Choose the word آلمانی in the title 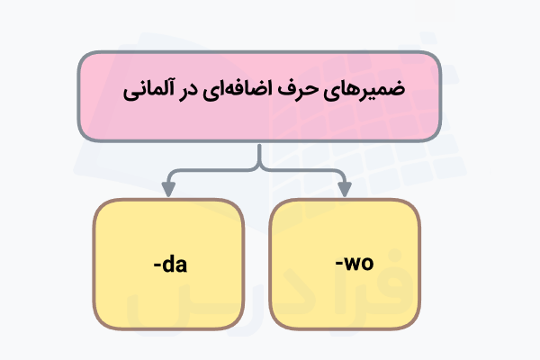click(x=154, y=92)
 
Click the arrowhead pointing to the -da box click(x=167, y=190)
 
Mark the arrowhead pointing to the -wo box click(x=343, y=190)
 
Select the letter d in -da click(x=170, y=265)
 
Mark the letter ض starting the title click(x=394, y=91)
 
